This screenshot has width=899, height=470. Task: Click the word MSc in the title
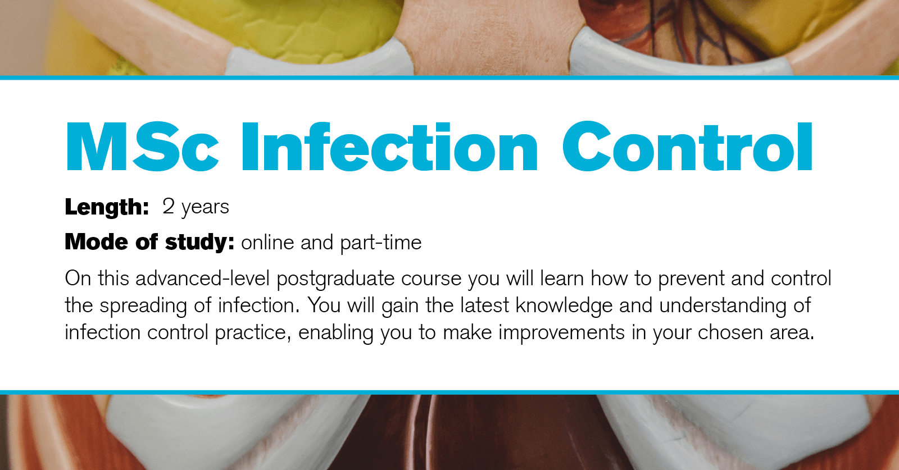point(142,147)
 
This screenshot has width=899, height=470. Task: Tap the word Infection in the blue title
point(389,147)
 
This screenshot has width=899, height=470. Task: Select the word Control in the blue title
point(687,147)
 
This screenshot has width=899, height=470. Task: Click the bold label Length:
point(107,207)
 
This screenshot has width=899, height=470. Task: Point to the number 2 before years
point(168,206)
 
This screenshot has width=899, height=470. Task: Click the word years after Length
point(205,207)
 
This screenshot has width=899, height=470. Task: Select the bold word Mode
point(96,242)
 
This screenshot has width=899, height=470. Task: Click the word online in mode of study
point(267,243)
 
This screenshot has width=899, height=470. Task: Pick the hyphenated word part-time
point(380,243)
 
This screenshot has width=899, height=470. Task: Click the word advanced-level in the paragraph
point(202,279)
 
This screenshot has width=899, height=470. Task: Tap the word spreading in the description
point(143,305)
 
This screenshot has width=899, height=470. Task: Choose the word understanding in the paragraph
point(723,305)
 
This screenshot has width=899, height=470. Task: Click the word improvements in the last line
point(561,332)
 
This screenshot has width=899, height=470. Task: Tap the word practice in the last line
point(252,332)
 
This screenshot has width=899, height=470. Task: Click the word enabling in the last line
point(335,332)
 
